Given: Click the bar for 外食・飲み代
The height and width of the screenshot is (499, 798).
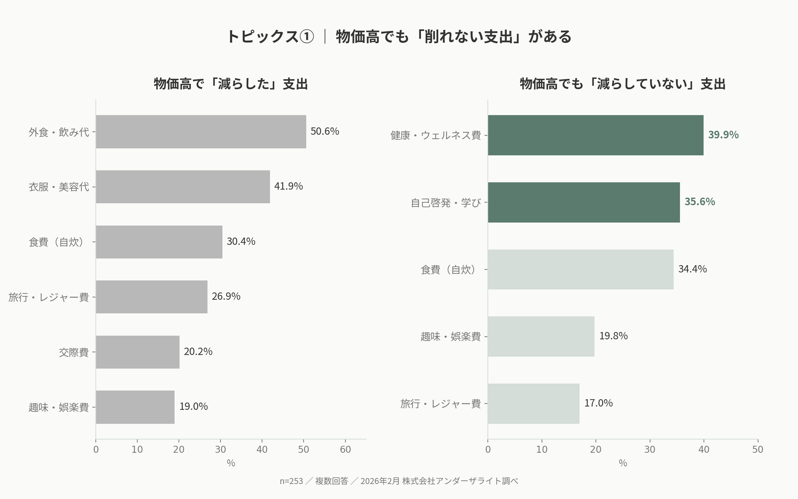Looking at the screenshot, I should click(201, 132).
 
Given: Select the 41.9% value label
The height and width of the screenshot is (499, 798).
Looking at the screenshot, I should click(288, 186).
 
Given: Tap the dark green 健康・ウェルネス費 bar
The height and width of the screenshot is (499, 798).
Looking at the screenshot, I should click(595, 135).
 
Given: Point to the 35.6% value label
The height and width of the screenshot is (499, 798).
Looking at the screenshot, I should click(700, 202).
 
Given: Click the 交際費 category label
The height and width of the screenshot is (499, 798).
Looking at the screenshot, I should click(74, 352).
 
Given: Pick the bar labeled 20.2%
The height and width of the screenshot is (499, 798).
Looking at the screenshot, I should click(138, 352).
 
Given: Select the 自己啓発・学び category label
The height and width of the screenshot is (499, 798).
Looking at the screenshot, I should click(446, 203).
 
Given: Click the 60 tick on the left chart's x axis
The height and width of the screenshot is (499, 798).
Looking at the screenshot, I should click(345, 449).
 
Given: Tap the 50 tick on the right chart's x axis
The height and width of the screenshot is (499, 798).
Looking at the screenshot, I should click(758, 449).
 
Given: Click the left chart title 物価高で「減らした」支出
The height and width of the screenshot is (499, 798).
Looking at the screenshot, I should click(231, 84).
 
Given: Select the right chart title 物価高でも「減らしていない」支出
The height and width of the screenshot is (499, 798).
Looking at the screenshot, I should click(622, 84).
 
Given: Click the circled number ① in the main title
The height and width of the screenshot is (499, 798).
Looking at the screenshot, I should click(307, 37).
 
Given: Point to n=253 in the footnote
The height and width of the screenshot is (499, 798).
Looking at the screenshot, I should click(291, 481).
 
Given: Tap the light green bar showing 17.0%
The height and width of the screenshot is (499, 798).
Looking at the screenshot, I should click(533, 404).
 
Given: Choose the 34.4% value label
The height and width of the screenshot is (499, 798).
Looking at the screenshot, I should click(692, 269).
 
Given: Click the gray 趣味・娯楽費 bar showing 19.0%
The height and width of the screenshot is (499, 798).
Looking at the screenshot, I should click(135, 407).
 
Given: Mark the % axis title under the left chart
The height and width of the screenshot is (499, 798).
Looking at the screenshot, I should click(231, 463).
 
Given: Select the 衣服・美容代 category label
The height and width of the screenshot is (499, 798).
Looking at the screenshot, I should click(59, 187).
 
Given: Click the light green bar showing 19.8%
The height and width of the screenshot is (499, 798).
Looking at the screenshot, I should click(541, 336).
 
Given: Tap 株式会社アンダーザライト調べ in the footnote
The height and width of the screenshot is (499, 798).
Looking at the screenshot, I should click(460, 481).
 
